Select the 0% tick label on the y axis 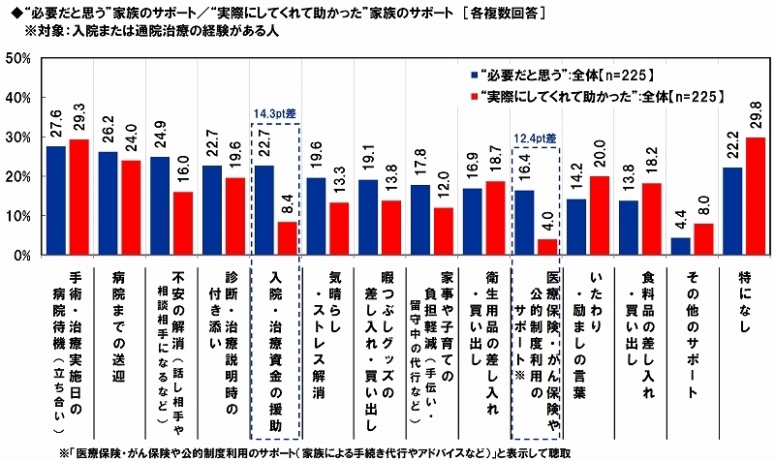(22, 257)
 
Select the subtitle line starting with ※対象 (159, 29)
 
